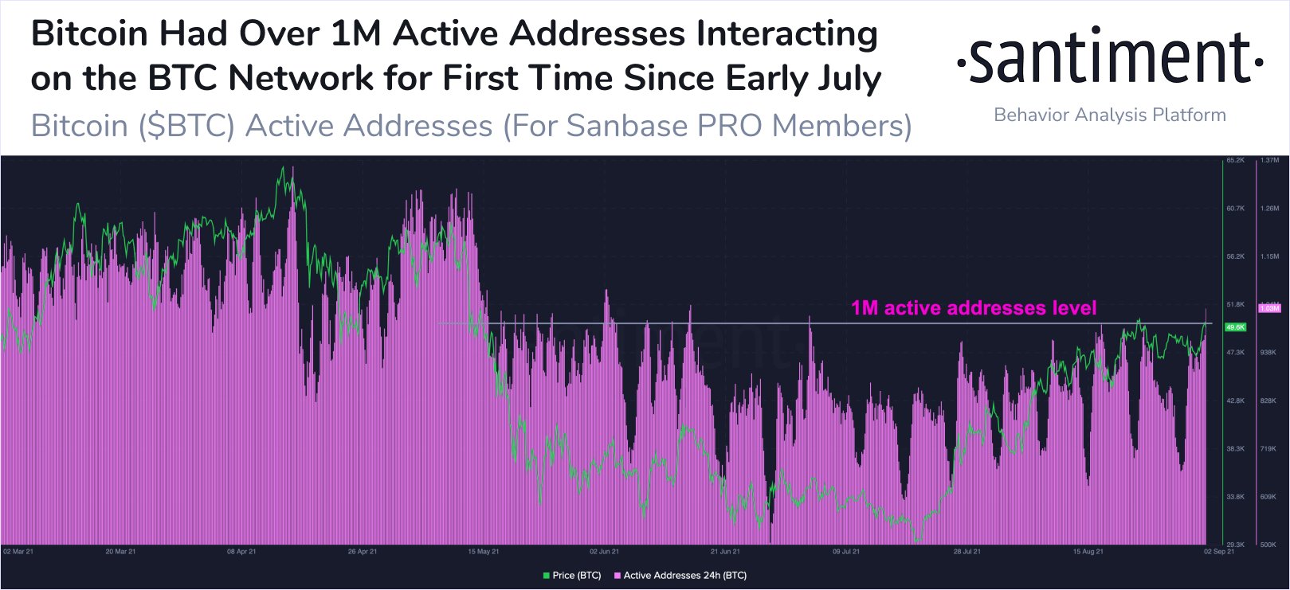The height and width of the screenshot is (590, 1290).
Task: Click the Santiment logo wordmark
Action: click(1109, 57)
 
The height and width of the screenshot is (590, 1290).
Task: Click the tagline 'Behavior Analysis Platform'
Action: click(1109, 115)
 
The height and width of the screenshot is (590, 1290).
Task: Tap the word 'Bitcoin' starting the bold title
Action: click(89, 34)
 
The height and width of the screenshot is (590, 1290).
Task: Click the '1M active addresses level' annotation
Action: click(974, 308)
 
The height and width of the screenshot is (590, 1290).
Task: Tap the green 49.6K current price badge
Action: click(1235, 327)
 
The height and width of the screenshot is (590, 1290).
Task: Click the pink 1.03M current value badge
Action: click(1268, 308)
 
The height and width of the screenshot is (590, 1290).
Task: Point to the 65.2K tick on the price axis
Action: click(1235, 160)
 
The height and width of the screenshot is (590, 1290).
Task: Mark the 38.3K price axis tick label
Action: click(1235, 449)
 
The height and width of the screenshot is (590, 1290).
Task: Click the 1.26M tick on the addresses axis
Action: click(1269, 209)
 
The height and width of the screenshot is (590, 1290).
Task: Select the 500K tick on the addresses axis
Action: click(1268, 545)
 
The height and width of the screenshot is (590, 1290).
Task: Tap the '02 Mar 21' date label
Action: click(18, 551)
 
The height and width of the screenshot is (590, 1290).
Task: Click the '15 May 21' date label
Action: click(484, 551)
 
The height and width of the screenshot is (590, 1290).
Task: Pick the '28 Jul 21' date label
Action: click(967, 551)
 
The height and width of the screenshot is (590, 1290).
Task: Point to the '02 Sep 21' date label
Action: click(1219, 551)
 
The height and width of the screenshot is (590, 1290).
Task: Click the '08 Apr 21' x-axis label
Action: click(241, 551)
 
